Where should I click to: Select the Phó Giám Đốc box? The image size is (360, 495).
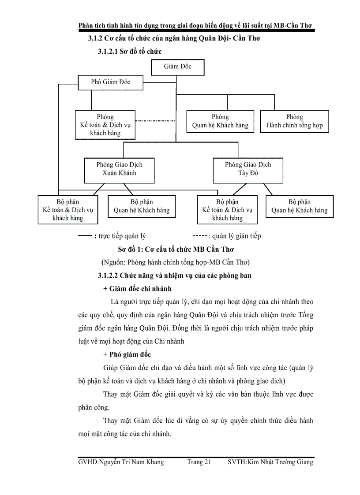click(x=111, y=82)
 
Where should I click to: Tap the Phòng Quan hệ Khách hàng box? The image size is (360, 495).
click(x=220, y=121)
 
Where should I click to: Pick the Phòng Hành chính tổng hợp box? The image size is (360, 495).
click(x=294, y=121)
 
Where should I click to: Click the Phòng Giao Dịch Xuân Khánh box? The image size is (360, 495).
click(x=120, y=169)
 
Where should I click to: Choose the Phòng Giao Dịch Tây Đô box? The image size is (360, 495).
click(x=248, y=169)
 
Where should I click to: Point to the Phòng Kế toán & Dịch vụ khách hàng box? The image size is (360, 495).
click(x=105, y=125)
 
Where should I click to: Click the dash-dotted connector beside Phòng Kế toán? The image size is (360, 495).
click(x=155, y=120)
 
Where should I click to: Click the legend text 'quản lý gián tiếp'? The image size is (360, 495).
click(x=236, y=236)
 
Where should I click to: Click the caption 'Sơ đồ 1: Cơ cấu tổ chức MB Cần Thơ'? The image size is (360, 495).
click(x=175, y=249)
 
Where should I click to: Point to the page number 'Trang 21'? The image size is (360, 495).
click(x=199, y=462)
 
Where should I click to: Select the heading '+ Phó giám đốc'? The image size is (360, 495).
click(x=127, y=354)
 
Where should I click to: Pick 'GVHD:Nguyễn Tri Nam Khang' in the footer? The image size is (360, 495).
click(x=120, y=462)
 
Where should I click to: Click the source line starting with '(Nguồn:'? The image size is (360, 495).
click(x=176, y=262)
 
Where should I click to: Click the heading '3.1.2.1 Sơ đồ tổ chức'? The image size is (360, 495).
click(x=130, y=52)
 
